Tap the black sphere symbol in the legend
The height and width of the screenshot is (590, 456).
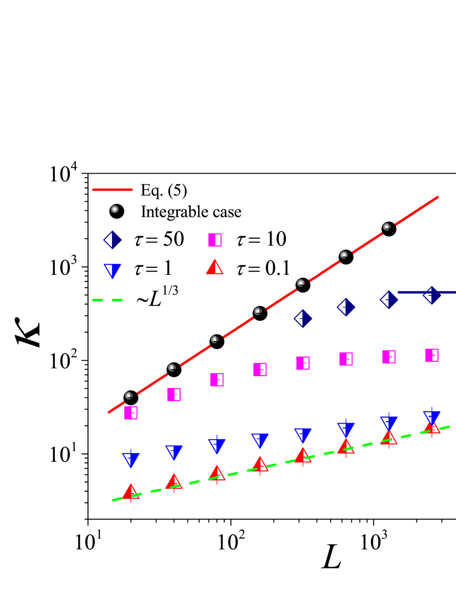116,211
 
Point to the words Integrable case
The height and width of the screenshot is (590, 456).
191,212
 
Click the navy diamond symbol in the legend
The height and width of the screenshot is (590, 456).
113,240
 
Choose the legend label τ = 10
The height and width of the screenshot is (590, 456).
259,240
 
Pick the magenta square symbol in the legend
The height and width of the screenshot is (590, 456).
215,240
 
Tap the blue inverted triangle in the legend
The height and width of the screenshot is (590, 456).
113,269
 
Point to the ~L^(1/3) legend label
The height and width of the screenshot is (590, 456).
155,297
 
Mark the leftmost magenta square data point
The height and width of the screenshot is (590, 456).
131,412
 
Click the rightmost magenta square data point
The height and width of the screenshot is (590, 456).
432,355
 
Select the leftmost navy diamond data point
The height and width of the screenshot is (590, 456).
303,318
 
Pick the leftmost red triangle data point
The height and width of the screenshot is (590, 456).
131,492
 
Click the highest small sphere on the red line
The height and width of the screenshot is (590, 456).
387,227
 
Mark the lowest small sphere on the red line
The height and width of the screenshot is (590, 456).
129,395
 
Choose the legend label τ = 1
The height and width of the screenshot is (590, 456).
155,269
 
